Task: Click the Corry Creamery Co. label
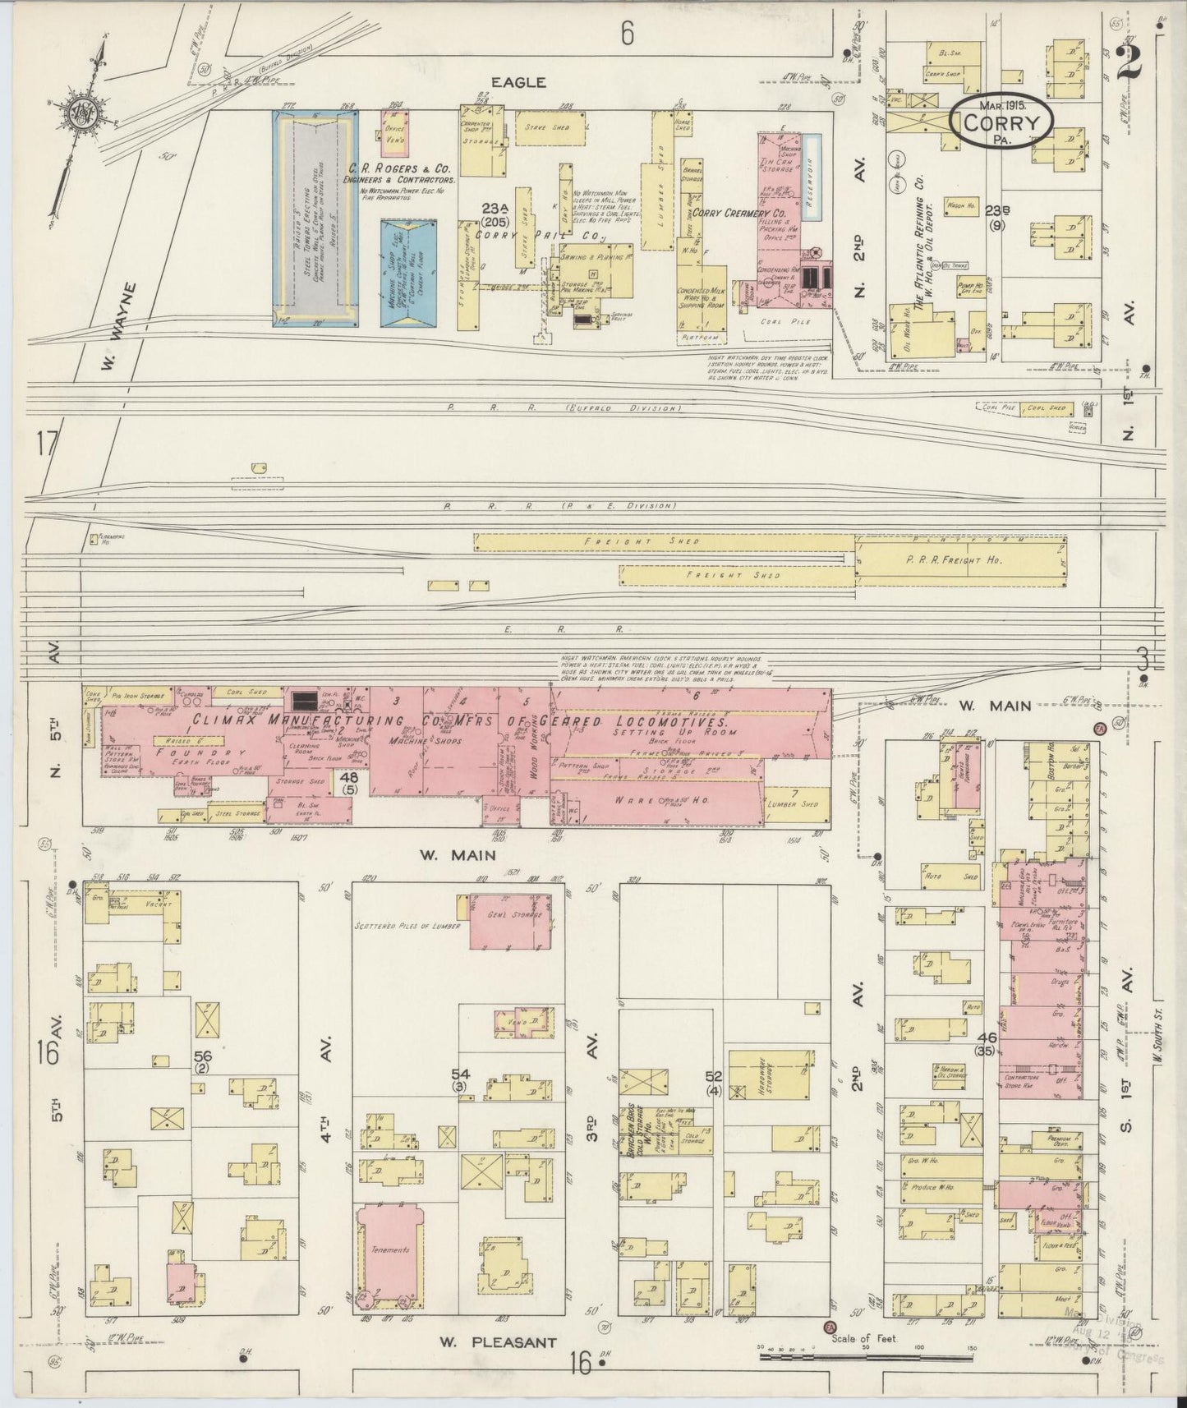tap(738, 214)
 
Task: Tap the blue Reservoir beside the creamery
tap(812, 177)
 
